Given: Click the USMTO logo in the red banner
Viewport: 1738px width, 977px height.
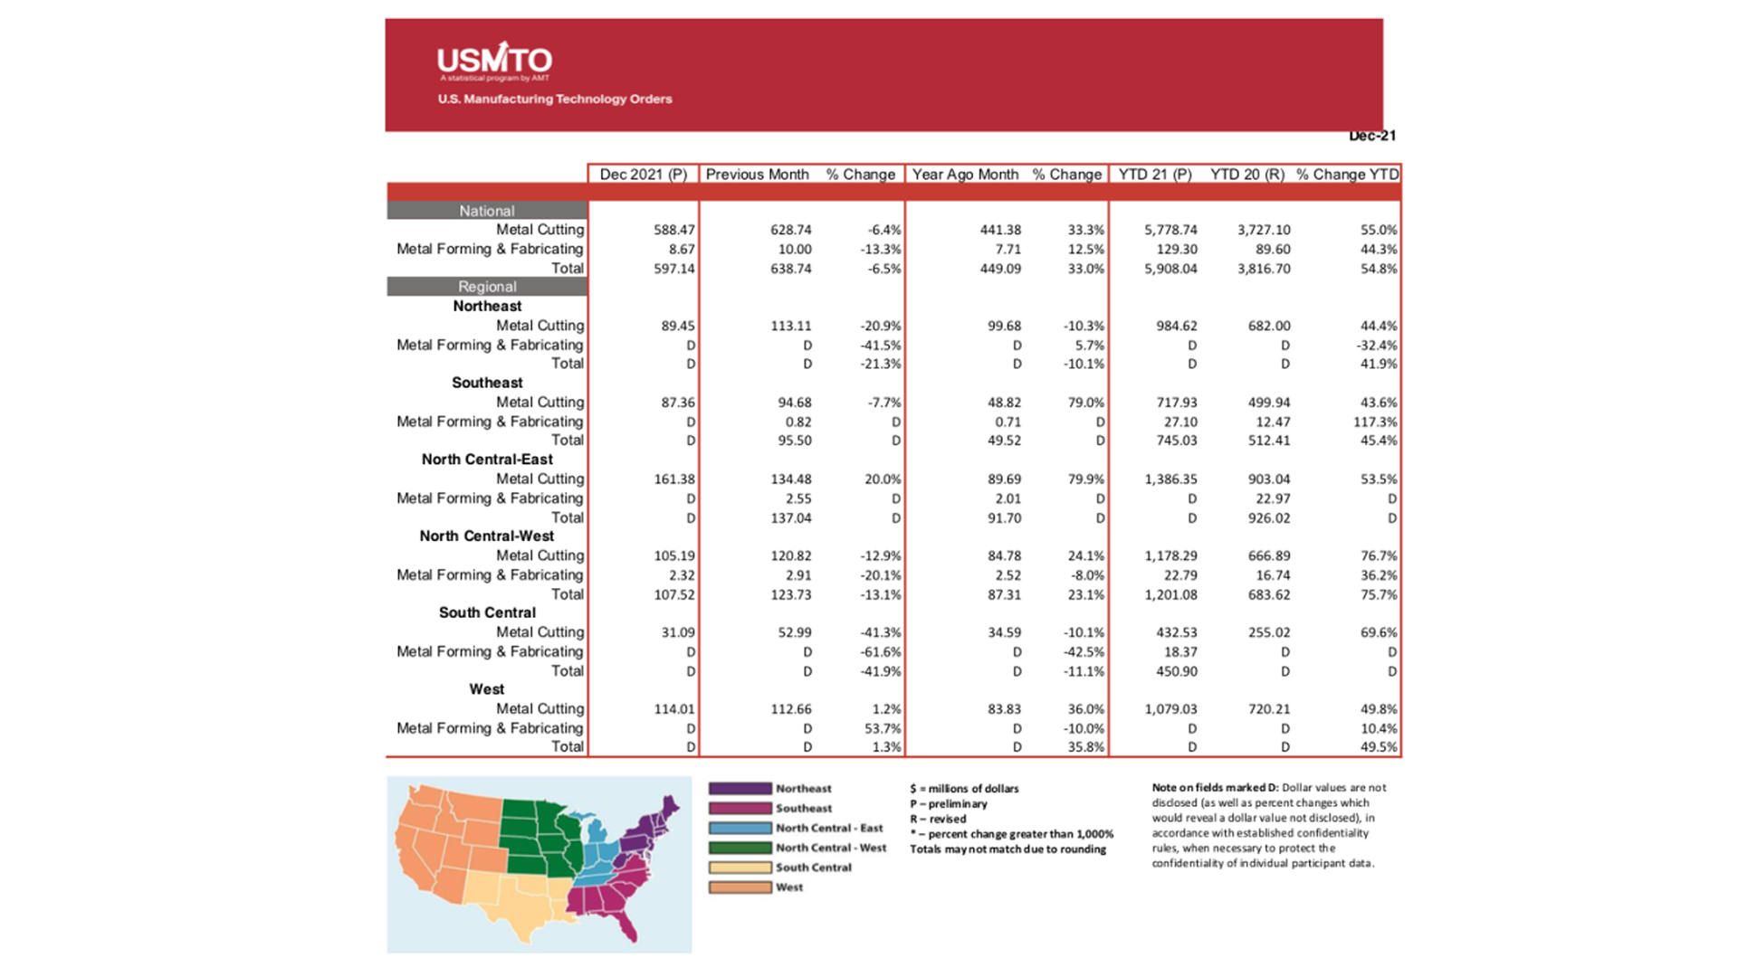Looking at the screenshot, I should pyautogui.click(x=494, y=61).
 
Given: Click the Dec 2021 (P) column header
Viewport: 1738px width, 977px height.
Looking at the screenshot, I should pyautogui.click(x=643, y=175).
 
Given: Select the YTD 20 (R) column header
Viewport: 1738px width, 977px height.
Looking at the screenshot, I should pyautogui.click(x=1246, y=175).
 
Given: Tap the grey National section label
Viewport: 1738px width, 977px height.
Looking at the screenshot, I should pyautogui.click(x=486, y=211).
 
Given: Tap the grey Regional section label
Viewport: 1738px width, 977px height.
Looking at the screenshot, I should pyautogui.click(x=486, y=287).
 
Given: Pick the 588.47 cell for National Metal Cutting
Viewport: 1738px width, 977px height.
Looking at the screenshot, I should pyautogui.click(x=673, y=231).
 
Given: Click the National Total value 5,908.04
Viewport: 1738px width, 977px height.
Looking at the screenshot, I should pyautogui.click(x=1170, y=269).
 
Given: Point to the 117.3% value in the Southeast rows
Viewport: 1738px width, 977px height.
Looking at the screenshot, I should pyautogui.click(x=1375, y=422).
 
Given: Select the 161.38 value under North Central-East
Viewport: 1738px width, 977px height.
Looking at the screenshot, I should pyautogui.click(x=673, y=479).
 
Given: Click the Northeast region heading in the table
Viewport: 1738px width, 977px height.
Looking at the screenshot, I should pyautogui.click(x=487, y=307).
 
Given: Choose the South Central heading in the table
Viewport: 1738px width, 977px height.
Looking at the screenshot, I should pyautogui.click(x=487, y=612).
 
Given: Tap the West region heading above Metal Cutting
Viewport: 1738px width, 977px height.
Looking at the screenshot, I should pyautogui.click(x=486, y=689).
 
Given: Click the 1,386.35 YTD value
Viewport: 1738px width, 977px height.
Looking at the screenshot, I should pyautogui.click(x=1170, y=479).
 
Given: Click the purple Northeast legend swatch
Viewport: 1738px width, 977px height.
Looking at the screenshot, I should pyautogui.click(x=740, y=789).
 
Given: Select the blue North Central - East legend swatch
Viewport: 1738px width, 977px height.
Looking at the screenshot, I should pyautogui.click(x=740, y=828).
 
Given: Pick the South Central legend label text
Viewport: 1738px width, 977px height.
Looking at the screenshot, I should pyautogui.click(x=813, y=868).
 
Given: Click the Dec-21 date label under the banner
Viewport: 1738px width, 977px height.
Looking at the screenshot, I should pyautogui.click(x=1371, y=136).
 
